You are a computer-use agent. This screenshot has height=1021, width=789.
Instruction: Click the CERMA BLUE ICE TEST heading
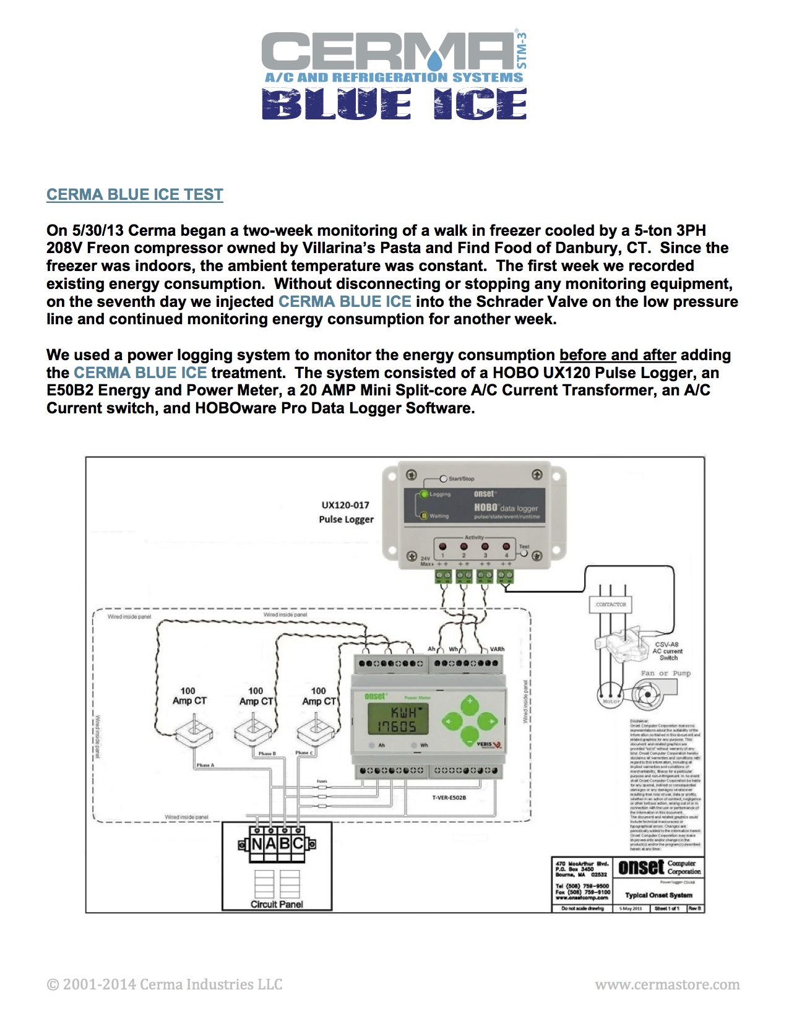[x=134, y=194]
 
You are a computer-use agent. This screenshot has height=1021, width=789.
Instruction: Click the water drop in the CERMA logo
[x=436, y=60]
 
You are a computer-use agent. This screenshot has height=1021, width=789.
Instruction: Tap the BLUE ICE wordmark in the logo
[x=394, y=103]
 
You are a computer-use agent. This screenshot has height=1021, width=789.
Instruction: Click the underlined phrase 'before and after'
[x=618, y=355]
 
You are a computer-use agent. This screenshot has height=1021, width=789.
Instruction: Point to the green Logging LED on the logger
[x=424, y=494]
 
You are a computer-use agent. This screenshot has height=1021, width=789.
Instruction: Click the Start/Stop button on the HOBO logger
[x=443, y=479]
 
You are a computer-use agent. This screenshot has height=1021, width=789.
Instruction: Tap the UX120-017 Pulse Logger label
[x=346, y=512]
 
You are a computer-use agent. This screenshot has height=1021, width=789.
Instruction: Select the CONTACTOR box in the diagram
[x=611, y=605]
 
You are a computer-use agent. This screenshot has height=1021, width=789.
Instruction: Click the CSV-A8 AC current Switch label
[x=668, y=651]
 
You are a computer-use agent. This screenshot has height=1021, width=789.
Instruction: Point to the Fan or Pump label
[x=665, y=673]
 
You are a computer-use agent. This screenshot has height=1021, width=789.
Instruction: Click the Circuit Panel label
[x=277, y=904]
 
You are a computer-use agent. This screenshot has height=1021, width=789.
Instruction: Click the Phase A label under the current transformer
[x=205, y=765]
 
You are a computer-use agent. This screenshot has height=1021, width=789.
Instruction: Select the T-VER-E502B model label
[x=449, y=798]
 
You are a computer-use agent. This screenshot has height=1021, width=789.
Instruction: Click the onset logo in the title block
[x=641, y=868]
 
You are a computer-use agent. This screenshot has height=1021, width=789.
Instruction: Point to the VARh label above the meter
[x=497, y=649]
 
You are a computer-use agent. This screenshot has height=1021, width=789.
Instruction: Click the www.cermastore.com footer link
[x=667, y=984]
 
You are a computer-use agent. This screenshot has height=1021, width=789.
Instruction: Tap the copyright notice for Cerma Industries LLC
[x=165, y=984]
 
